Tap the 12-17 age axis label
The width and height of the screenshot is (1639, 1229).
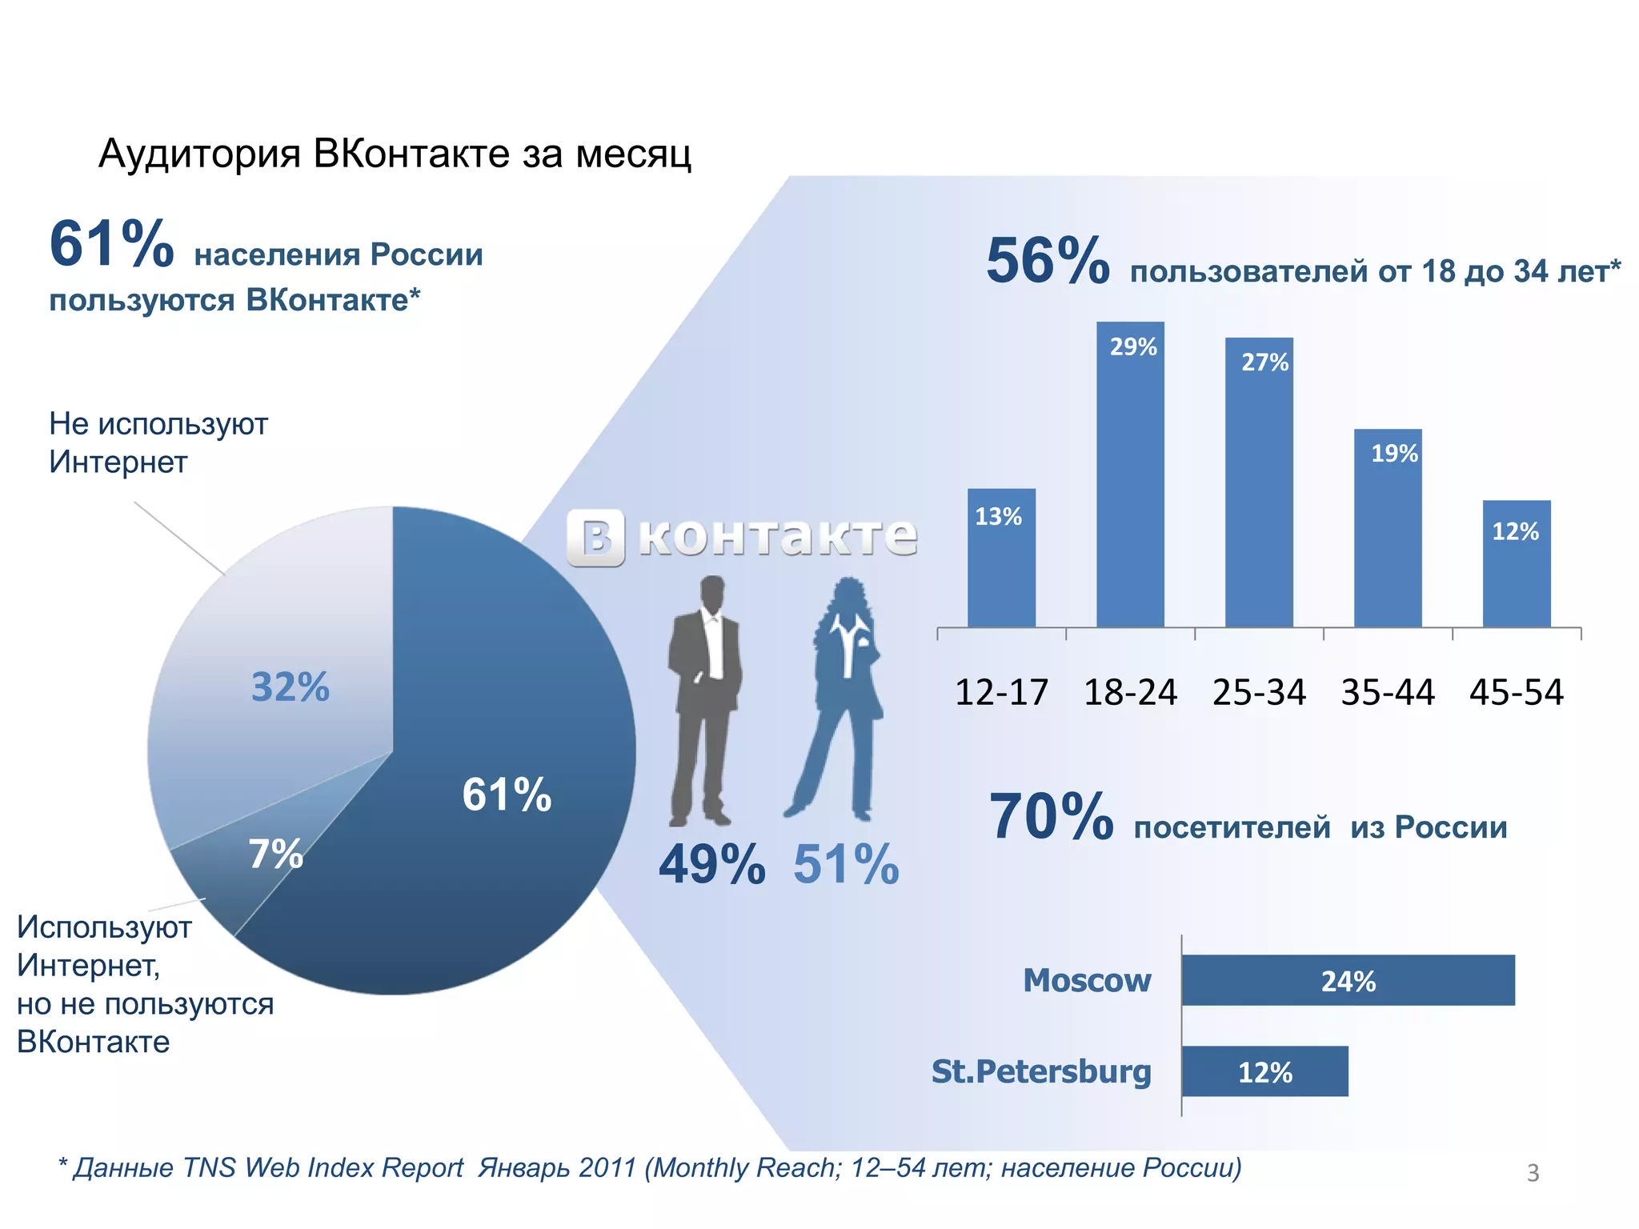[1001, 692]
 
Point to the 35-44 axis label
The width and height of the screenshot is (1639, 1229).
[1388, 692]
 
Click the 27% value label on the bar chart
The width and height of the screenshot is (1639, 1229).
[1264, 362]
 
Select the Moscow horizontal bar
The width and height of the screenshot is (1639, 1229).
[1348, 980]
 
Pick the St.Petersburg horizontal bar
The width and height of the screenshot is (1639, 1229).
[1264, 1071]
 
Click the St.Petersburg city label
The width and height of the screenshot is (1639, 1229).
[1041, 1071]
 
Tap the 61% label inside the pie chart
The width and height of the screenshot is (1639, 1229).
[507, 795]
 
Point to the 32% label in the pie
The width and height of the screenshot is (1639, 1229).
[290, 687]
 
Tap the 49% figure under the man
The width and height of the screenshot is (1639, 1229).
[711, 865]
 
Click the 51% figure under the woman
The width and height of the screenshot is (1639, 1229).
[846, 865]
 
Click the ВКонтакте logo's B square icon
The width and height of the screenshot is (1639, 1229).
[596, 538]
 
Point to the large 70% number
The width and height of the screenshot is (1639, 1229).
[1051, 817]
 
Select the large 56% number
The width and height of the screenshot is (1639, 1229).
[1048, 261]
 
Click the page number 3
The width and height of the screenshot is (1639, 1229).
[1533, 1172]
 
